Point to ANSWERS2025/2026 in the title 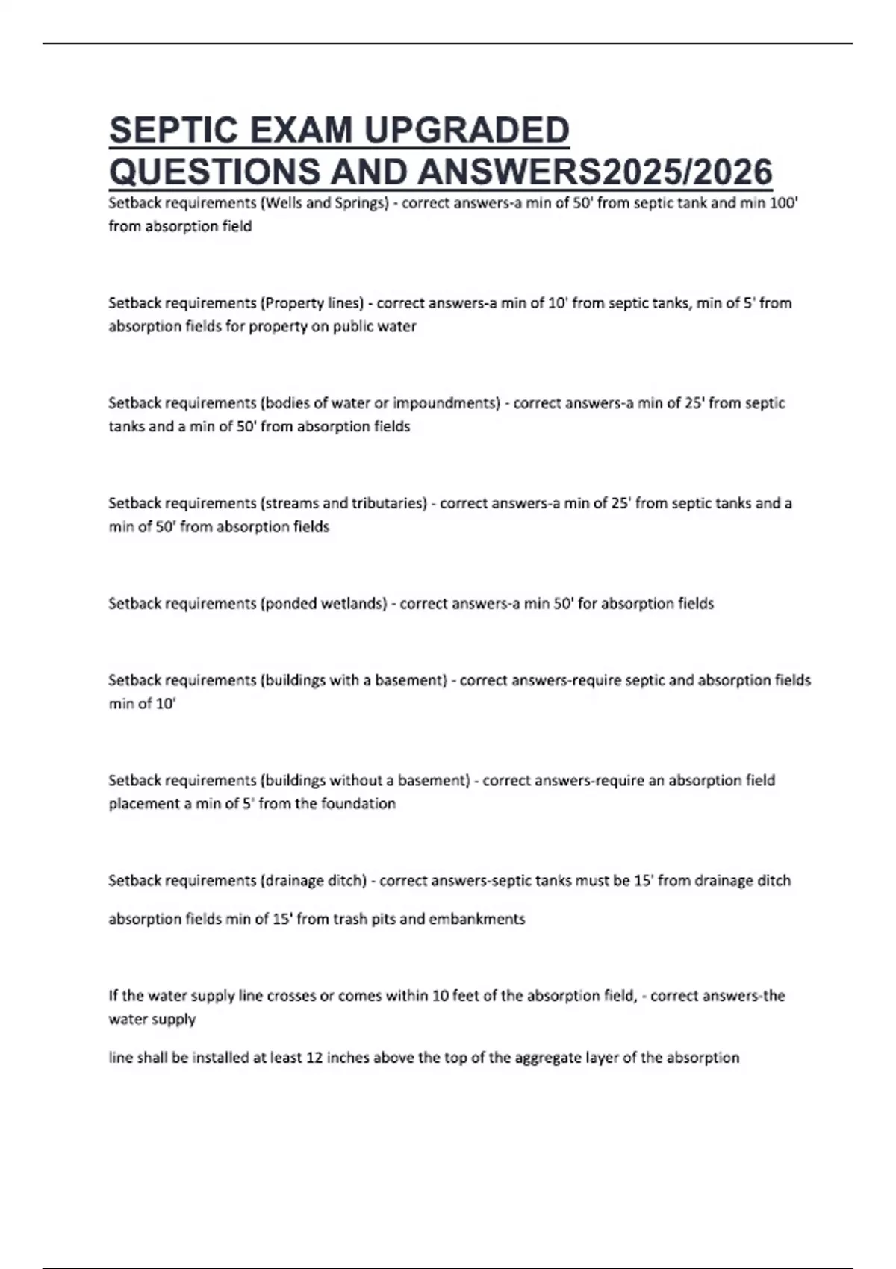tap(595, 172)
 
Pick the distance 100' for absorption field tap(784, 203)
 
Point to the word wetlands tap(353, 603)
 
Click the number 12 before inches tap(314, 1058)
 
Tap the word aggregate tap(532, 1058)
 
